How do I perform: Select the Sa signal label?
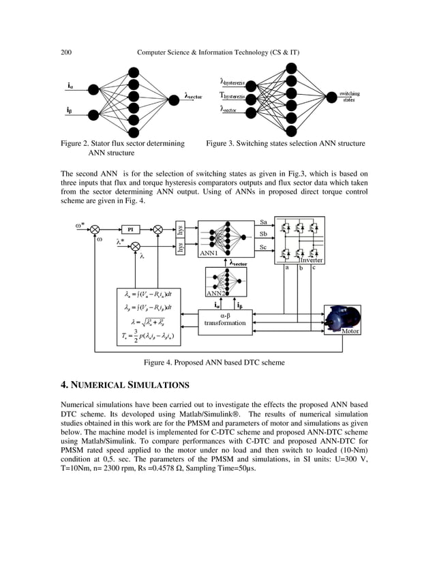264,222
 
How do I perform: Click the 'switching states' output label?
350,97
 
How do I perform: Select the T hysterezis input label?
234,96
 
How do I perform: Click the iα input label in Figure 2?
70,86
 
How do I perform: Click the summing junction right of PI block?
158,230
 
